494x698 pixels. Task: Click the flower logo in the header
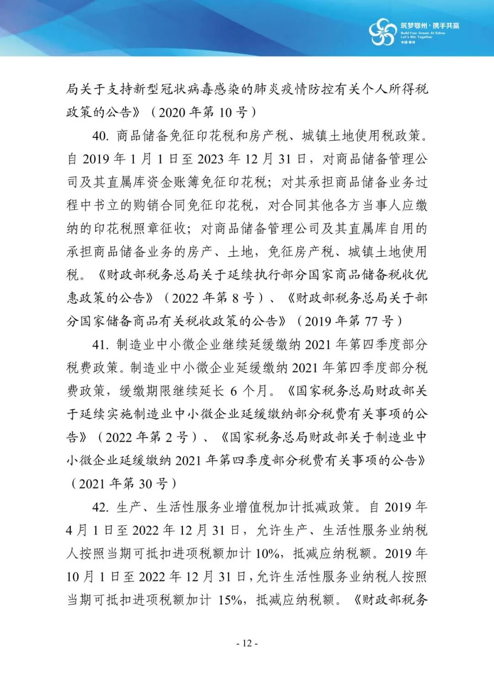(382, 32)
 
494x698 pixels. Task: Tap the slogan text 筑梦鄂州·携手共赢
(430, 26)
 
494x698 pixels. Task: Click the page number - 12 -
(247, 643)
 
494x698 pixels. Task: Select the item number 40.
(100, 136)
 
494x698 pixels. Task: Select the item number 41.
(100, 344)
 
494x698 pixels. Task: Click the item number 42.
(100, 507)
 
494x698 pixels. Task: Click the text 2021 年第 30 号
(123, 484)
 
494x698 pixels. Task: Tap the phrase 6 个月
(249, 391)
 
